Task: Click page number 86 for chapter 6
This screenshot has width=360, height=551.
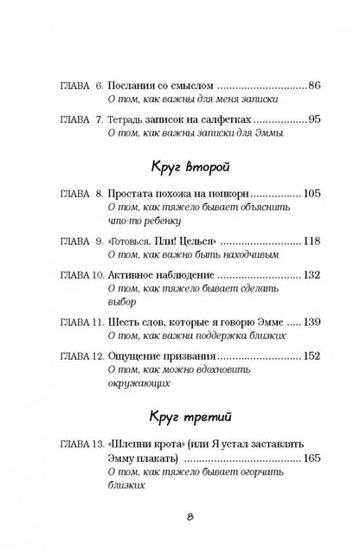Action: pos(314,86)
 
